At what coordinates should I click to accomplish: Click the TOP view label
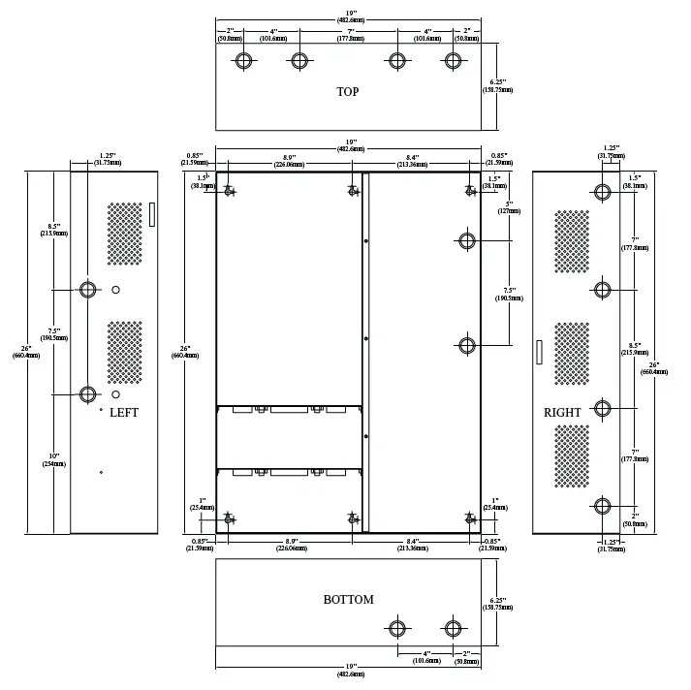pyautogui.click(x=347, y=92)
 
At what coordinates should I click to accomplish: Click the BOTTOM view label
pyautogui.click(x=348, y=600)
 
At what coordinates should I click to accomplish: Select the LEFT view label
pyautogui.click(x=124, y=413)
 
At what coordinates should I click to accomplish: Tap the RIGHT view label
pyautogui.click(x=562, y=413)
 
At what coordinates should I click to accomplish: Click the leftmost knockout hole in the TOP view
pyautogui.click(x=243, y=61)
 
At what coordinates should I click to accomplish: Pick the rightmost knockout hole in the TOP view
pyautogui.click(x=453, y=61)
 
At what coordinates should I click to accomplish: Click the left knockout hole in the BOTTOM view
pyautogui.click(x=397, y=626)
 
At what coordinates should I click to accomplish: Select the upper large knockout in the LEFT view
pyautogui.click(x=88, y=290)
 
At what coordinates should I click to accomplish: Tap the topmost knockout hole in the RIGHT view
pyautogui.click(x=603, y=192)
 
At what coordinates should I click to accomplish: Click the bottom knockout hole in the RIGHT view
pyautogui.click(x=603, y=505)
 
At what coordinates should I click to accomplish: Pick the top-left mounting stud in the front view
pyautogui.click(x=229, y=191)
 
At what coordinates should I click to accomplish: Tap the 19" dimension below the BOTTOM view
pyautogui.click(x=349, y=669)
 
